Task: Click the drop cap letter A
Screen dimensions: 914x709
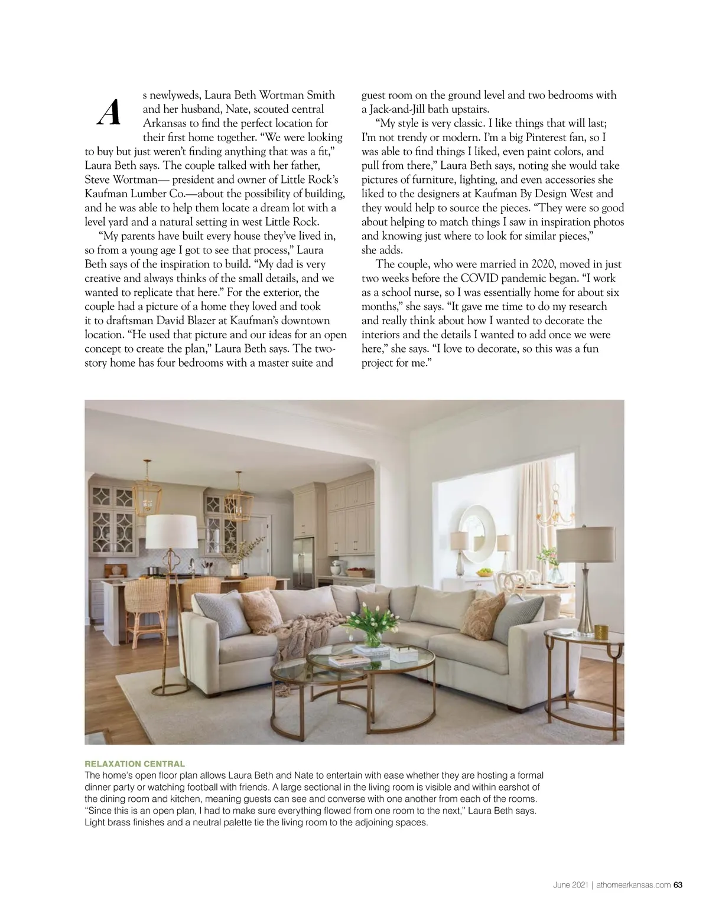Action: coord(109,112)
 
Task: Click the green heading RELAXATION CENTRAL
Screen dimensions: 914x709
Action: coord(135,763)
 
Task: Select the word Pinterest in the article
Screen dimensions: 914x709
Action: coord(552,138)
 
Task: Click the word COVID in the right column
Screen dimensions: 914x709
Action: coord(476,278)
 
